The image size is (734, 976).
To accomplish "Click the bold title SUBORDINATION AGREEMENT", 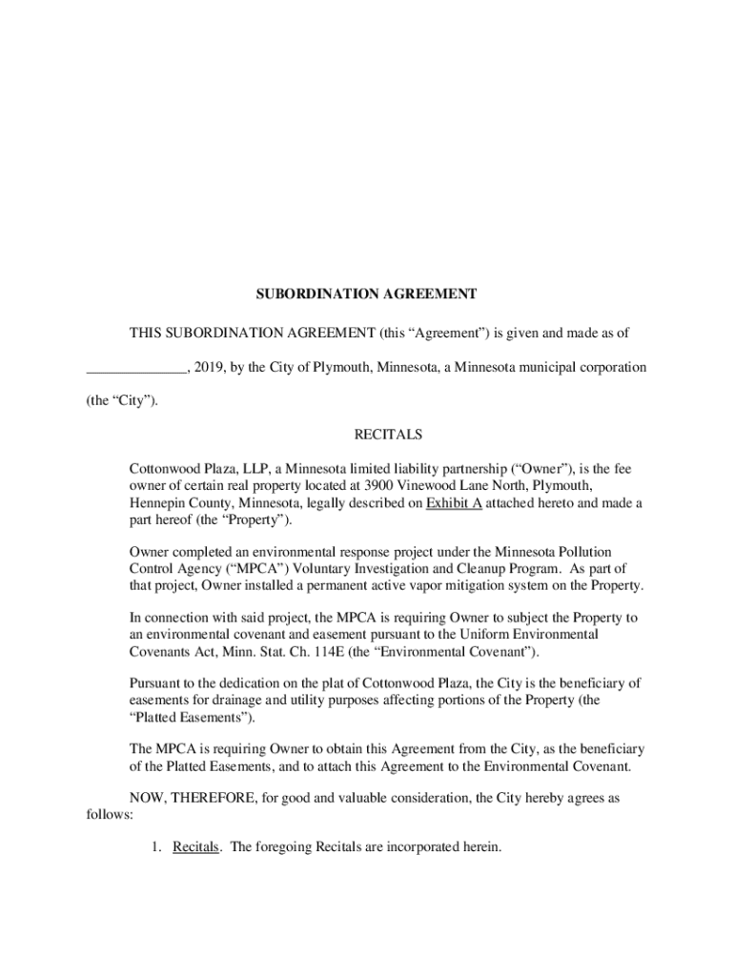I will click(x=366, y=295).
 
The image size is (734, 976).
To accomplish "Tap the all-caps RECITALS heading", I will click(x=388, y=435).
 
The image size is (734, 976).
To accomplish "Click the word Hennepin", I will click(x=157, y=503).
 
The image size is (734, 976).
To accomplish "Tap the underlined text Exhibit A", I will click(x=454, y=503).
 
